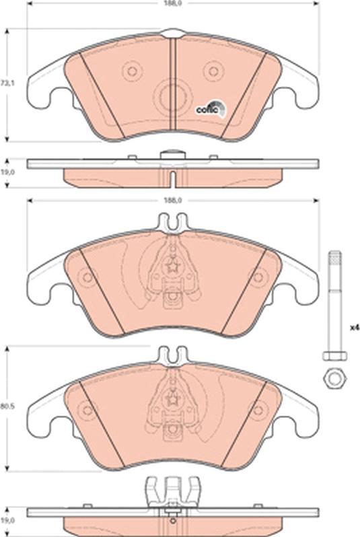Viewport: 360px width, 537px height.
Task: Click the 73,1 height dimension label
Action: click(x=6, y=83)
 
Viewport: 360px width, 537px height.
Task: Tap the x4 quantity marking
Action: click(x=355, y=328)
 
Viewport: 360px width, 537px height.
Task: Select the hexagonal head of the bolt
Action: click(x=334, y=355)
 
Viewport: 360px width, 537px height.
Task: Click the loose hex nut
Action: click(x=334, y=378)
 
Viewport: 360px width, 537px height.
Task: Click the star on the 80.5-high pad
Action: click(x=173, y=398)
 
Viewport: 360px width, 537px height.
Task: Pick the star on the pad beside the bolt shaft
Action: click(x=173, y=264)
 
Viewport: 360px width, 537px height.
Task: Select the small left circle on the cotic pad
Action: click(x=132, y=71)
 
